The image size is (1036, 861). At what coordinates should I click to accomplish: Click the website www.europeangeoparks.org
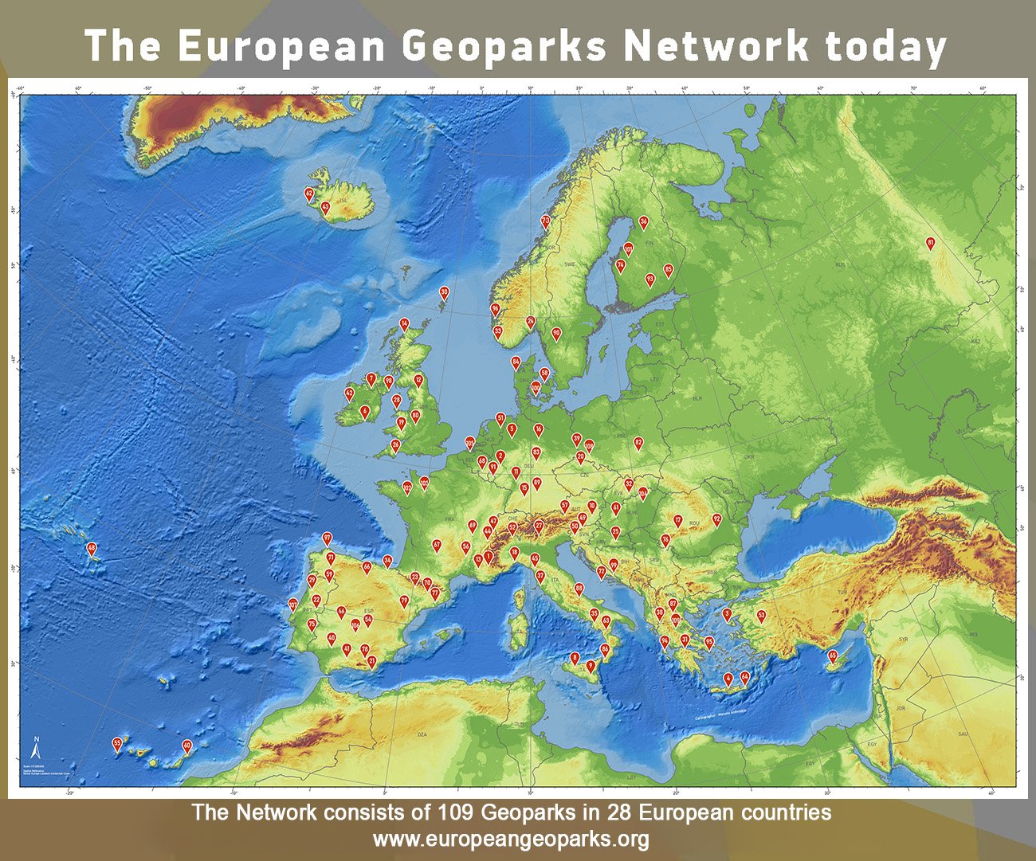(x=510, y=839)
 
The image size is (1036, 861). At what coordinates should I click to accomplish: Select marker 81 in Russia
(x=929, y=243)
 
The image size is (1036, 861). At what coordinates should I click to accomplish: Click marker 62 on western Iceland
(x=309, y=194)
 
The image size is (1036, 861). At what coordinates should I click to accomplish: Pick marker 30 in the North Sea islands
(x=445, y=293)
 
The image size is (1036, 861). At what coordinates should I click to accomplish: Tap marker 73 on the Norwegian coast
(x=546, y=221)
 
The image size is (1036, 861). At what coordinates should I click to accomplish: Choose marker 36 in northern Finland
(x=644, y=222)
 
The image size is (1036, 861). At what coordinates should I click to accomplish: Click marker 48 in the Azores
(x=92, y=548)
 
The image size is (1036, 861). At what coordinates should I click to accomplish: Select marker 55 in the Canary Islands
(x=117, y=745)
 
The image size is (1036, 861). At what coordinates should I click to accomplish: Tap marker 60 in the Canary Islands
(x=186, y=746)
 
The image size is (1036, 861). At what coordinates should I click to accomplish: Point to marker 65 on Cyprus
(x=833, y=656)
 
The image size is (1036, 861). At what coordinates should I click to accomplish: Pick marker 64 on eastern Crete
(x=745, y=678)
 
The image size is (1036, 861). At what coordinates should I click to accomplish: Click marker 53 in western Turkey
(x=761, y=616)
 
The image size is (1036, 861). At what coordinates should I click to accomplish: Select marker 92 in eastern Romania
(x=716, y=519)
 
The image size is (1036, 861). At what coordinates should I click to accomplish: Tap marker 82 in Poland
(x=638, y=443)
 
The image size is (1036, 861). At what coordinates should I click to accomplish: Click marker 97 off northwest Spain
(x=327, y=538)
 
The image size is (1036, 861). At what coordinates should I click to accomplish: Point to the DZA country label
(x=422, y=734)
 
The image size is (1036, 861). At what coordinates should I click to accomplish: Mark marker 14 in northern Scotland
(x=404, y=324)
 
